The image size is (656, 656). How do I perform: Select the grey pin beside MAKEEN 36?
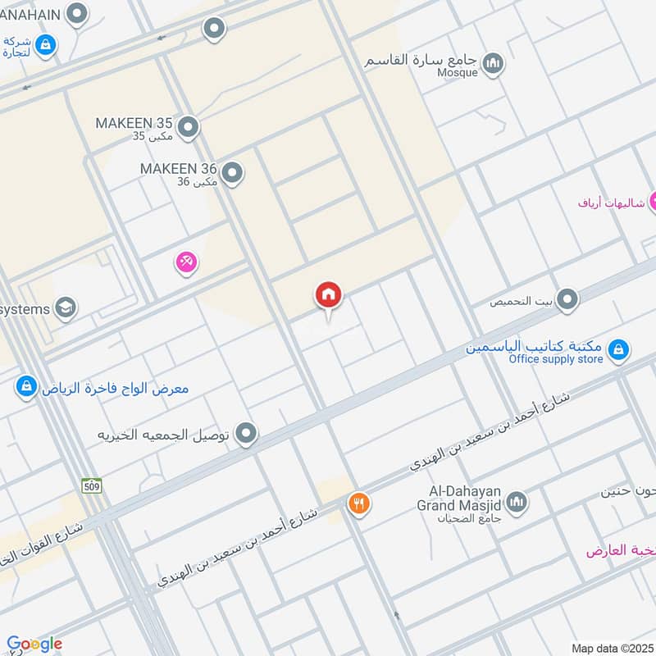click(233, 173)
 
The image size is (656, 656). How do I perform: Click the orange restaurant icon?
click(358, 503)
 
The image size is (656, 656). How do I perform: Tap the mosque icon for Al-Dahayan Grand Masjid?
click(517, 502)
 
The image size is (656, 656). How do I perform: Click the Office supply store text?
click(555, 359)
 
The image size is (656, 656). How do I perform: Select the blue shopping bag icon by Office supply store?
click(619, 351)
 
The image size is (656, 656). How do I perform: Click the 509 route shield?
click(90, 485)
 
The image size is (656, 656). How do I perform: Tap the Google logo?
click(34, 644)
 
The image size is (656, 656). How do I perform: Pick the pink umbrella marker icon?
click(186, 263)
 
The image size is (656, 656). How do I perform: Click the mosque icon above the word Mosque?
click(493, 63)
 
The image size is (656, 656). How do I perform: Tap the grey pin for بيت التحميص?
click(567, 299)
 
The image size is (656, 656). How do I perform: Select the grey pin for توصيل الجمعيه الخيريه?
click(246, 434)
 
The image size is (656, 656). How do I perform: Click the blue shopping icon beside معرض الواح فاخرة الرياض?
click(27, 386)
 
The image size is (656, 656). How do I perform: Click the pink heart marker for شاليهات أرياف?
click(653, 201)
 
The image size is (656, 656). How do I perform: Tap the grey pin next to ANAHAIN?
click(77, 14)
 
